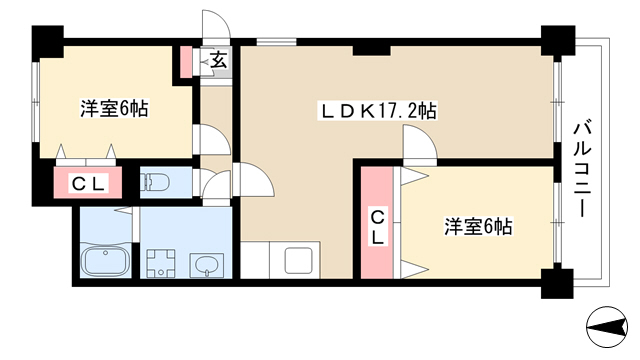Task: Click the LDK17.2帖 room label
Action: coord(378,111)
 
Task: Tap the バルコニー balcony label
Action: coord(581,169)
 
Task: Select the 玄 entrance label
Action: coord(218,60)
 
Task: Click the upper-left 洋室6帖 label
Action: coord(114,109)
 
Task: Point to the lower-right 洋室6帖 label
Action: coord(478,226)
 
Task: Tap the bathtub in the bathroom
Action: coord(106,260)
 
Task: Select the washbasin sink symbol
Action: coord(207,265)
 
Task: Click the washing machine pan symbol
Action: coord(160,262)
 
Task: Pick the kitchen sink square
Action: coord(298,260)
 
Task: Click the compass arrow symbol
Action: coord(607,327)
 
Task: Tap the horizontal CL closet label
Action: coord(88,183)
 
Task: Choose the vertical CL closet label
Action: coord(377,229)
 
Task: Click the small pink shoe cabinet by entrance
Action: coord(186,62)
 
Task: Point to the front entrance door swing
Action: coord(216,24)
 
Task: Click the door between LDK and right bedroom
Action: coord(420,142)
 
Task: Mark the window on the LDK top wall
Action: coord(276,41)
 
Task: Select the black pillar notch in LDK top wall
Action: coord(371,50)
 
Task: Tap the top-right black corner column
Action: coord(558,40)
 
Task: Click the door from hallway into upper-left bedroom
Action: coord(211,140)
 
